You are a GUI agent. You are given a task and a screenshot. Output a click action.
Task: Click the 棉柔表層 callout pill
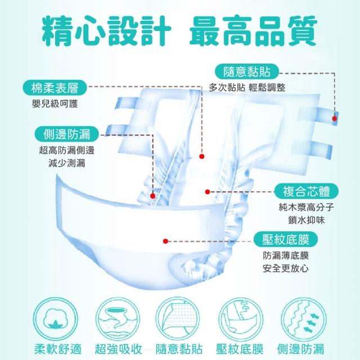point(55,88)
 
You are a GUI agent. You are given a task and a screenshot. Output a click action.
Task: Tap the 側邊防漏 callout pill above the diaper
point(67,134)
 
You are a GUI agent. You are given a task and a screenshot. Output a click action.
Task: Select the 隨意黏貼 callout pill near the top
point(247,71)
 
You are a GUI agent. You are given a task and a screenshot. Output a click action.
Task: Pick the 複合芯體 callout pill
point(307,191)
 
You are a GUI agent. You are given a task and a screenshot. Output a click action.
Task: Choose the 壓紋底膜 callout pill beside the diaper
point(286,240)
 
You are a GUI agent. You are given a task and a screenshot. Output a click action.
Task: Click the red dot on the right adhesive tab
point(335,119)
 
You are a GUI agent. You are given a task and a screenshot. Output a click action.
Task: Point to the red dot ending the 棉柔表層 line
point(202,156)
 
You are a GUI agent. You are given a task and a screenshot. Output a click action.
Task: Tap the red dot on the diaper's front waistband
point(165,241)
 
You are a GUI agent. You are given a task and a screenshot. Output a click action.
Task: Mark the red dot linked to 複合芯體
point(208,192)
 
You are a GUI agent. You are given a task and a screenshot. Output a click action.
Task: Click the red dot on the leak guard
point(153,196)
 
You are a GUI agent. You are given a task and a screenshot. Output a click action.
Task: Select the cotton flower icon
point(56,319)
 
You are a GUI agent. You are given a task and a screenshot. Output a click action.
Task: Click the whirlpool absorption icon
point(118,319)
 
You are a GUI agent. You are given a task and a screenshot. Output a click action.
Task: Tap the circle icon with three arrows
point(304,319)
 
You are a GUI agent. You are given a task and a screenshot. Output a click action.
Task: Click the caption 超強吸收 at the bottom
point(119,349)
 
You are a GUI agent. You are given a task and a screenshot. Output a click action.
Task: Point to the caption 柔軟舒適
point(58,349)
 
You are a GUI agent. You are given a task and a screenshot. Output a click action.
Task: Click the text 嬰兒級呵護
point(55,104)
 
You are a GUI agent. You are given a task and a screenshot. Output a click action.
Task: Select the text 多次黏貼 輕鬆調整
point(247,88)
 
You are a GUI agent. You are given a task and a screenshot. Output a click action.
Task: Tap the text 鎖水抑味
point(307,220)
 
